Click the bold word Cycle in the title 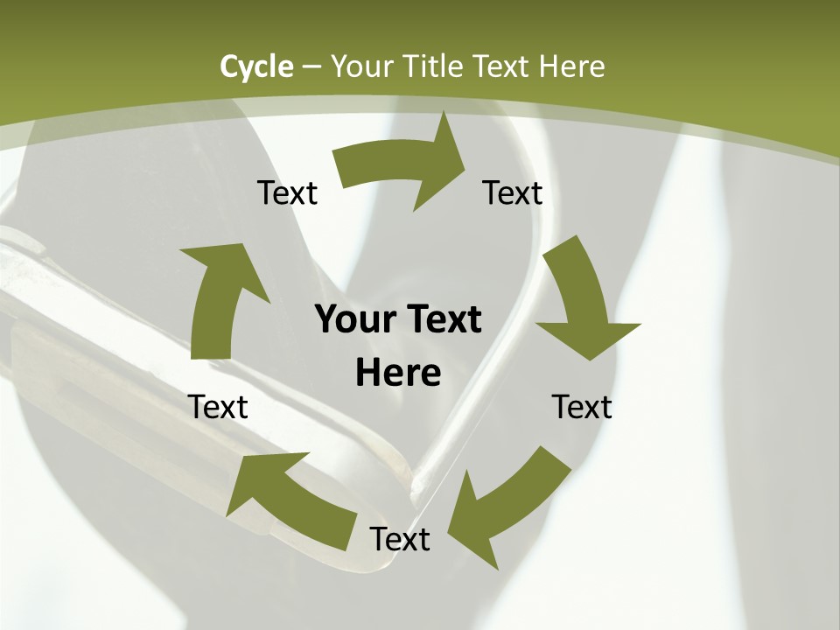pyautogui.click(x=256, y=66)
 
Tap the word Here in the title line pyautogui.click(x=570, y=66)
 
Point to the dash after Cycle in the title pyautogui.click(x=311, y=66)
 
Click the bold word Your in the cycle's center pyautogui.click(x=354, y=319)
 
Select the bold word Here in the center pyautogui.click(x=398, y=373)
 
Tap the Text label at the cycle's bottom pyautogui.click(x=400, y=539)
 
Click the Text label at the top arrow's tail pyautogui.click(x=287, y=192)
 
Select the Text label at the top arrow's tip pyautogui.click(x=513, y=192)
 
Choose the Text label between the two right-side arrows pyautogui.click(x=582, y=407)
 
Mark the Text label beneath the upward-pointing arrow pyautogui.click(x=218, y=407)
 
